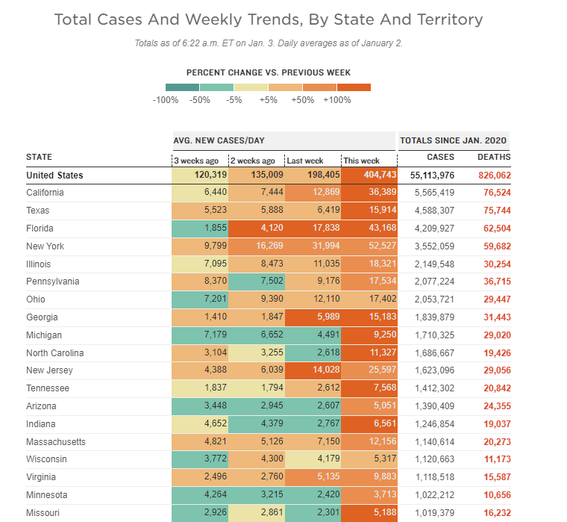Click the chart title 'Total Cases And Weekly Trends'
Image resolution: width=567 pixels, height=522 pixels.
point(269,19)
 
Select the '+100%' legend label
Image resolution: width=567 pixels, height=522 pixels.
point(337,99)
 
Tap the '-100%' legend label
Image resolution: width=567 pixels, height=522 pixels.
point(165,99)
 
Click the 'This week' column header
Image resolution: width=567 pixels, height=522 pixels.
point(361,161)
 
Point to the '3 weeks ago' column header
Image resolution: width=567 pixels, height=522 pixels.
point(197,161)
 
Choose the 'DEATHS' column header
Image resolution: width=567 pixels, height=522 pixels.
point(494,158)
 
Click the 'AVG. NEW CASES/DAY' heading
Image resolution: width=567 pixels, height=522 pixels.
point(219,140)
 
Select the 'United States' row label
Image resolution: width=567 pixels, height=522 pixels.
point(54,175)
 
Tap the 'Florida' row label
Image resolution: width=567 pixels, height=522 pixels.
point(40,229)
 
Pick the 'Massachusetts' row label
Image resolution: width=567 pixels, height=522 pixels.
point(56,441)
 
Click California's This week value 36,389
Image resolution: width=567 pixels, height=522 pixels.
point(380,193)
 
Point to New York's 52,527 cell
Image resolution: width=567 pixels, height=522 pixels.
point(380,246)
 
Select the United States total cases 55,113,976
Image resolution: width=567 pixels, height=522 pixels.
point(433,175)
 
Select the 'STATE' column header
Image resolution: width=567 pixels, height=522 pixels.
point(39,157)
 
